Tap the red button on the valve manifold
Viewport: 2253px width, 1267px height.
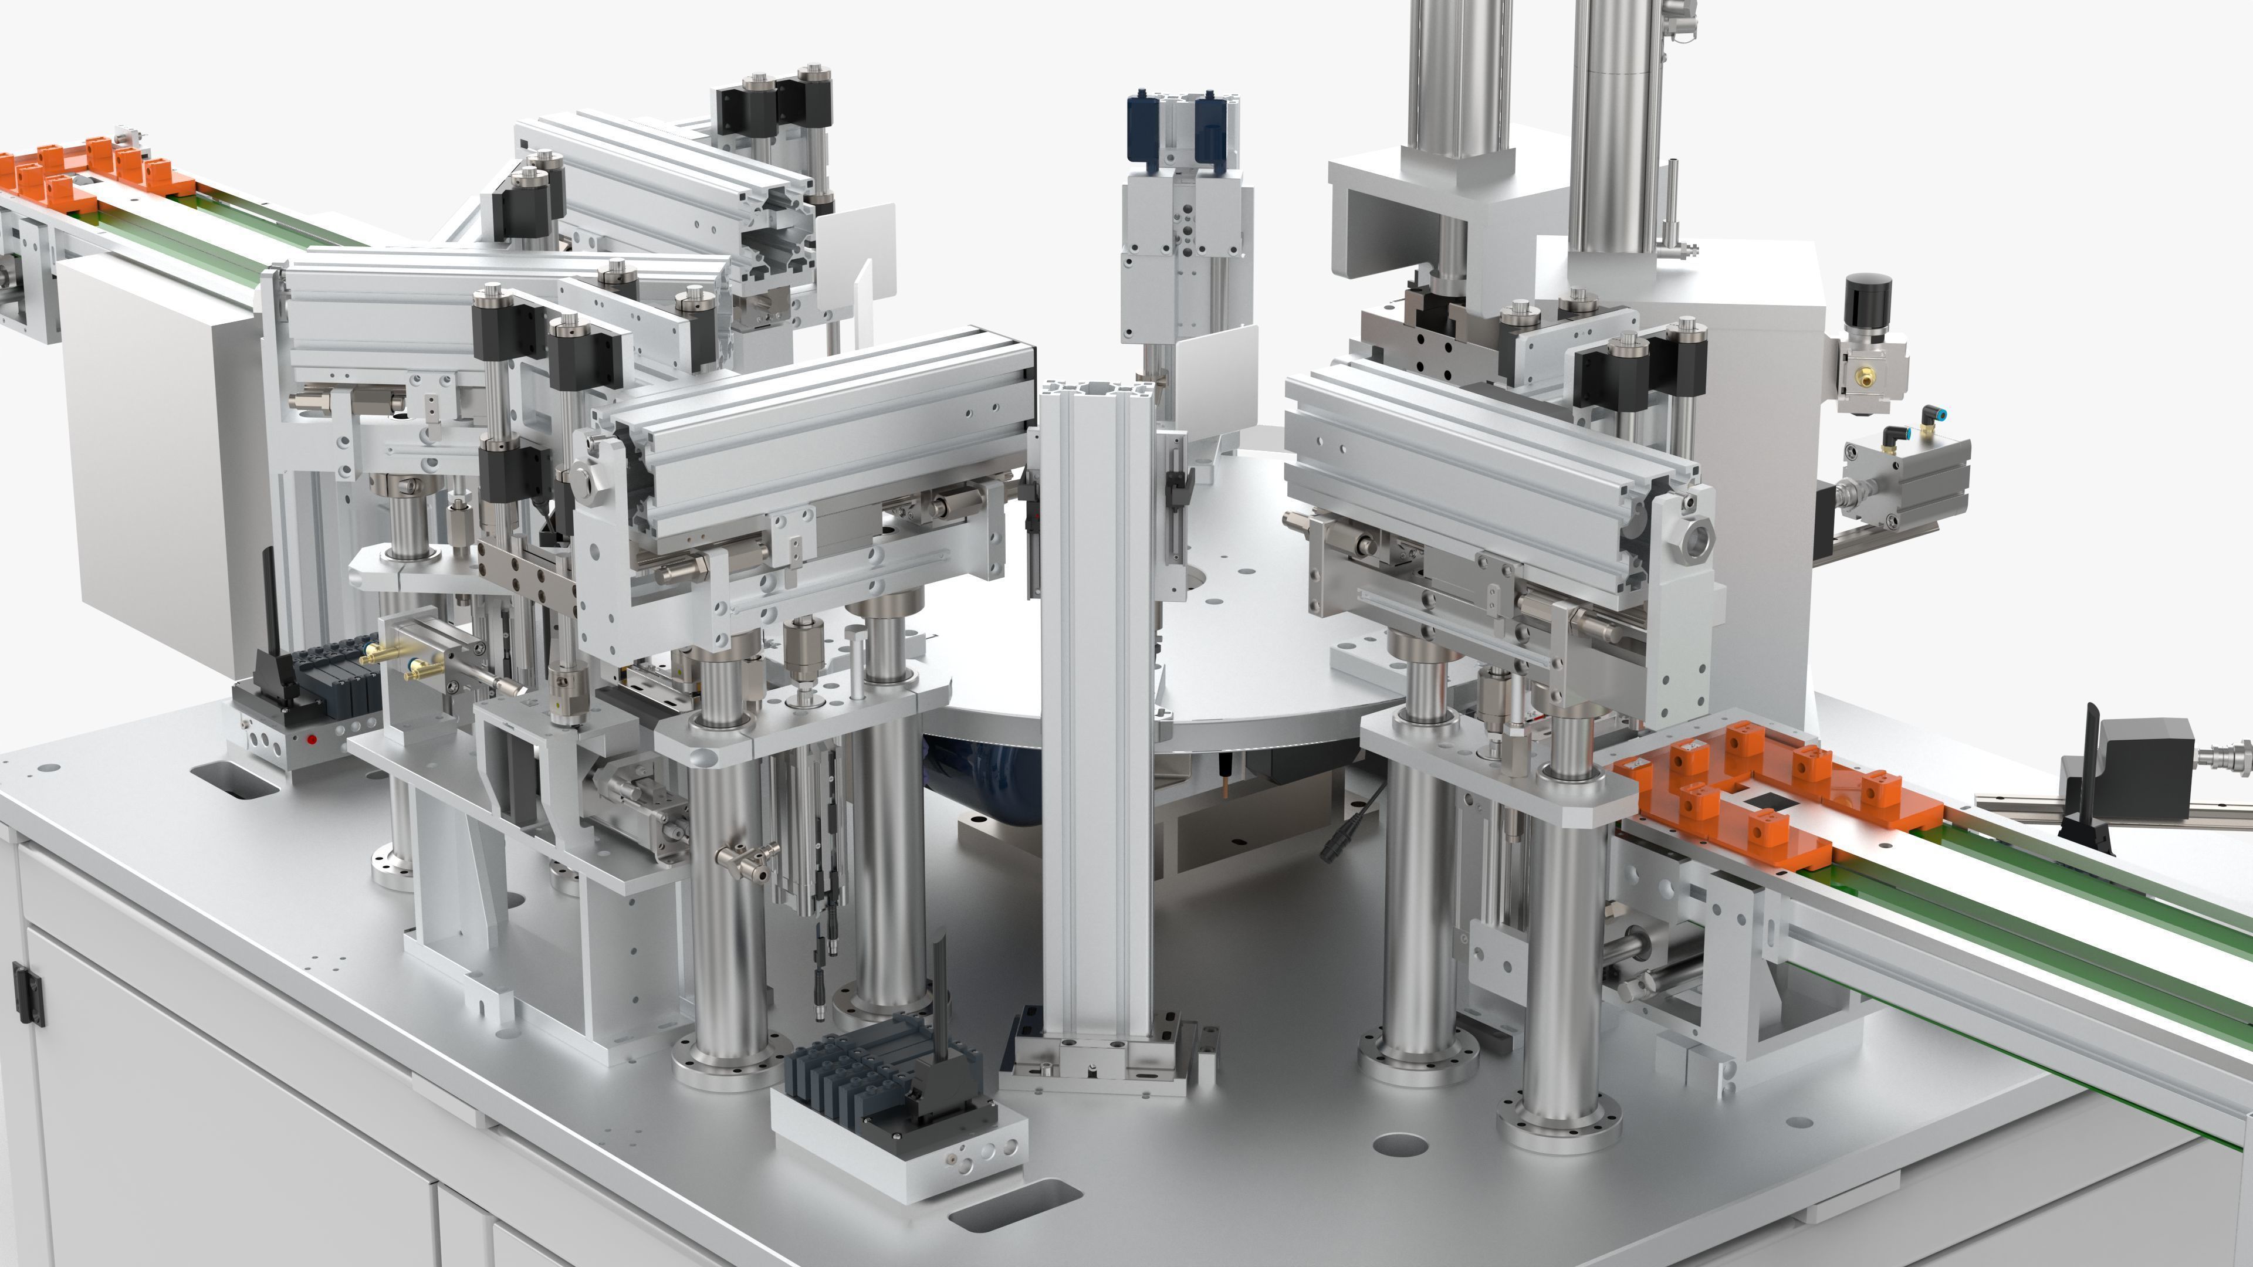312,739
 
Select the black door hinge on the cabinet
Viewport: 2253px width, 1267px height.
27,993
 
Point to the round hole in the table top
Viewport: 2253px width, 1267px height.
1400,1144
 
